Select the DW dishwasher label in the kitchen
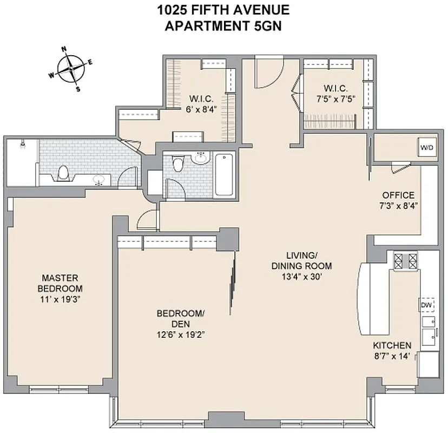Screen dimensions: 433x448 pyautogui.click(x=427, y=305)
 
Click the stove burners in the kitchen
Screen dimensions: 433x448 pyautogui.click(x=405, y=261)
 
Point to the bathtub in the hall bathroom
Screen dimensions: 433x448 pyautogui.click(x=224, y=175)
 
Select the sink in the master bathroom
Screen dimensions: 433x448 pyautogui.click(x=100, y=180)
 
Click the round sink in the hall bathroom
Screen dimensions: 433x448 pyautogui.click(x=201, y=158)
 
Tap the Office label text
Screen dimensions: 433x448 pyautogui.click(x=398, y=195)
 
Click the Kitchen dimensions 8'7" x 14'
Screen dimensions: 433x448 pyautogui.click(x=392, y=356)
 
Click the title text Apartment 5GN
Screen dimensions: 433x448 pyautogui.click(x=223, y=25)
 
